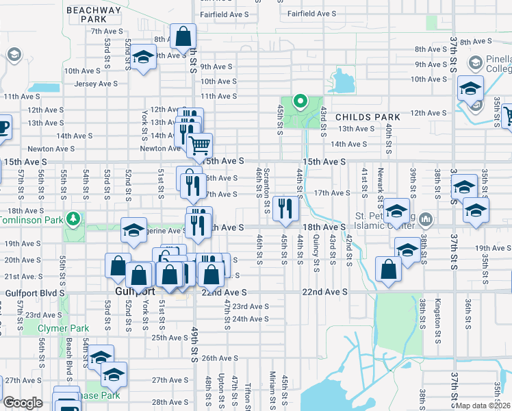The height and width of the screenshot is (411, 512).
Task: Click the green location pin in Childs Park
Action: tap(299, 102)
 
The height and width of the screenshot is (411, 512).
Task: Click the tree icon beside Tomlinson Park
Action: tap(72, 219)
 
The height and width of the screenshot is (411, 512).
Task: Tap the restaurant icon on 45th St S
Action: tap(284, 208)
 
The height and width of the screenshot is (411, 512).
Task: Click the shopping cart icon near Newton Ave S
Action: tap(199, 145)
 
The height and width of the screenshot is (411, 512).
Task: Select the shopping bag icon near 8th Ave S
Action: tap(183, 36)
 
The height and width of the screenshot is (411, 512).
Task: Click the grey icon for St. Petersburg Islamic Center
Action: tap(426, 219)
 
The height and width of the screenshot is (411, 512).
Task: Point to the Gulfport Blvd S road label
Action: tap(34, 292)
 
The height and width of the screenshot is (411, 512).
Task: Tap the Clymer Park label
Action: tap(59, 328)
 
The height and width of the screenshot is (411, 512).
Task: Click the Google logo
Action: tap(23, 403)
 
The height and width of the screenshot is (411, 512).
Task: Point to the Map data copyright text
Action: tap(483, 406)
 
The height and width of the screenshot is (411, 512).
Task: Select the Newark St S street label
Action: tap(380, 186)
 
